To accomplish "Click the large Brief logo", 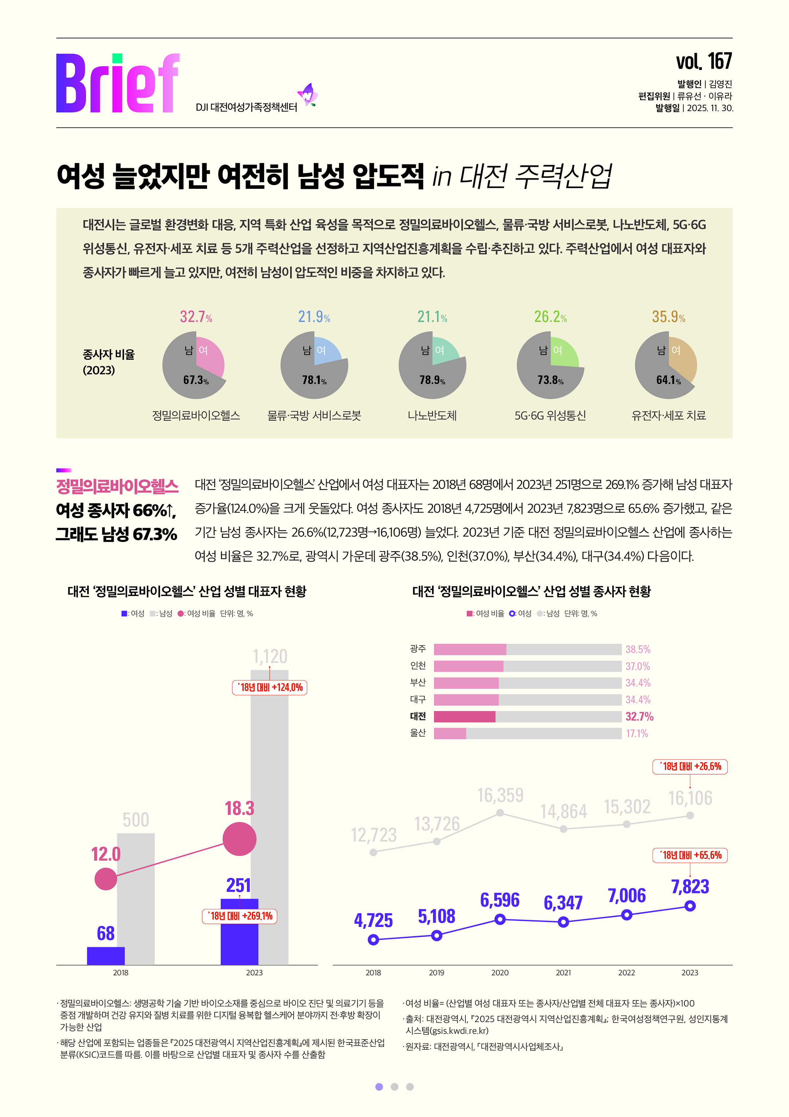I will pyautogui.click(x=118, y=84).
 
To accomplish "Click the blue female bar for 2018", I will pyautogui.click(x=106, y=955).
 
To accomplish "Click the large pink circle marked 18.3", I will pyautogui.click(x=239, y=839).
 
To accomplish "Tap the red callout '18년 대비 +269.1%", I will pyautogui.click(x=239, y=916).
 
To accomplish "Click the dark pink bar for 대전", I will pyautogui.click(x=464, y=716).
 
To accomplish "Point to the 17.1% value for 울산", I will pyautogui.click(x=637, y=733).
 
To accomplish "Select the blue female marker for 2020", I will pyautogui.click(x=500, y=919).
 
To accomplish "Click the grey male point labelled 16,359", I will pyautogui.click(x=500, y=812).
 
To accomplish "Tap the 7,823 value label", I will pyautogui.click(x=690, y=886).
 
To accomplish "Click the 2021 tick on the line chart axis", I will pyautogui.click(x=563, y=973).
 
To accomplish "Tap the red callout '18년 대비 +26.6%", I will pyautogui.click(x=690, y=766).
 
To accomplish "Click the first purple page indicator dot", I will pyautogui.click(x=379, y=1087).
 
